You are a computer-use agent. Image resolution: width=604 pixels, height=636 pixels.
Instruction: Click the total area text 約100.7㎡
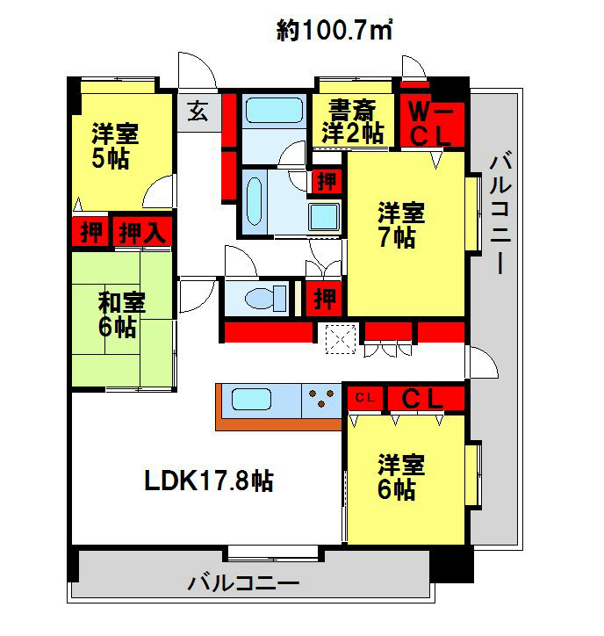(334, 30)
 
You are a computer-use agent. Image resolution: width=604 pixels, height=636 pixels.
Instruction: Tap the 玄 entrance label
(198, 111)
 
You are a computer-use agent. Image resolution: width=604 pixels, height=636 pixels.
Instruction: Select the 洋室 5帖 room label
(115, 146)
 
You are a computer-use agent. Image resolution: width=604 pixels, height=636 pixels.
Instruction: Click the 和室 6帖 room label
(121, 314)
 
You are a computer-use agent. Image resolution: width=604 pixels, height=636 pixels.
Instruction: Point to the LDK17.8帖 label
(209, 481)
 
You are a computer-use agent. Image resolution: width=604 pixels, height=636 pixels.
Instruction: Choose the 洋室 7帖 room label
(401, 224)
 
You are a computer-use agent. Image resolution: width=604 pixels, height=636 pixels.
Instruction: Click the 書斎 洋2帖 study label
(352, 121)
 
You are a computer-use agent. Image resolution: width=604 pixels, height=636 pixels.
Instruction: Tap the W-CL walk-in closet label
(430, 123)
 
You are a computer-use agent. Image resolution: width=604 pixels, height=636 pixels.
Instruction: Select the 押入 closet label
(142, 233)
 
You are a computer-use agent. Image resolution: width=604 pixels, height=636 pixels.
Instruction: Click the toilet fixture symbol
(266, 298)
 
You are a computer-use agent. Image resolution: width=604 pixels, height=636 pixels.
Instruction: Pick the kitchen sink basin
(251, 400)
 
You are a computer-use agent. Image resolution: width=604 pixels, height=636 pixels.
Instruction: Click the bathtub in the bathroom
(275, 111)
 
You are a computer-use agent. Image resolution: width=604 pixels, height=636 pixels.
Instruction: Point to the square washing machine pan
(324, 215)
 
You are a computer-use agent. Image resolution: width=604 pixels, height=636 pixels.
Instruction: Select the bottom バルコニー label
(243, 583)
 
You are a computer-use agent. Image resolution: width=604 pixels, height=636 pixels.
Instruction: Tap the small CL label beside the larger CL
(365, 398)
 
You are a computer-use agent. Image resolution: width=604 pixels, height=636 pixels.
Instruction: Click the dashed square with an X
(341, 339)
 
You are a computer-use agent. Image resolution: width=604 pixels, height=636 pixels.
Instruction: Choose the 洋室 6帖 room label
(401, 477)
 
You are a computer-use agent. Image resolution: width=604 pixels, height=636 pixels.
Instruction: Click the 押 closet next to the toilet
(325, 299)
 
